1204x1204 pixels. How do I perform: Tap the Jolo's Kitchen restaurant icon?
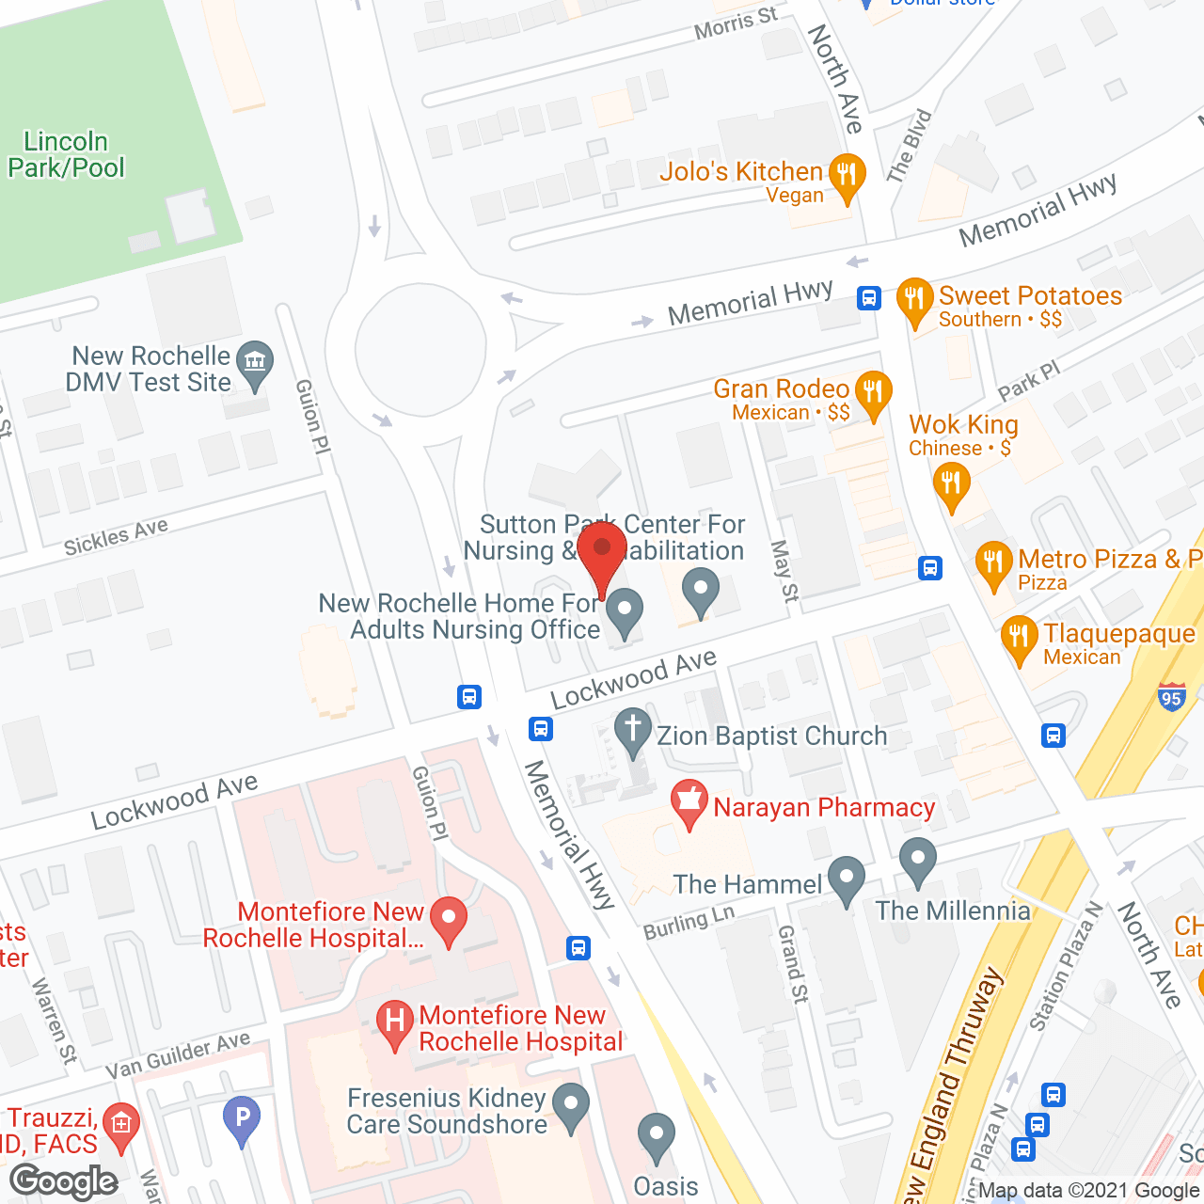848,175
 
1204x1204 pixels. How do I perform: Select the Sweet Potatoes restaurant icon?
914,300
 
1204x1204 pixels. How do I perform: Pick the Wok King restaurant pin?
951,485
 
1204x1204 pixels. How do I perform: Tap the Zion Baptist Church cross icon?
633,730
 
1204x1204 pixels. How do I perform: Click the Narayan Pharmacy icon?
689,802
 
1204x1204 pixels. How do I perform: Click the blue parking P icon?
242,1118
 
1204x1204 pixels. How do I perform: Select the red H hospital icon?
395,1022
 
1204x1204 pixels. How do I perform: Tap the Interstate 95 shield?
1171,698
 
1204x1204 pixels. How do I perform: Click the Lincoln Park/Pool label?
66,155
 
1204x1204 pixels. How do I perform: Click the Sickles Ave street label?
116,537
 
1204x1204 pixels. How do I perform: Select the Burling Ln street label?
689,924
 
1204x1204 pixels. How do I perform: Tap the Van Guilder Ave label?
178,1055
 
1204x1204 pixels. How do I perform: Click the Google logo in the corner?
64,1181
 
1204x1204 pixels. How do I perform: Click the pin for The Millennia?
917,860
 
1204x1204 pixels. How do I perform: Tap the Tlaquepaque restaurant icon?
1020,638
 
